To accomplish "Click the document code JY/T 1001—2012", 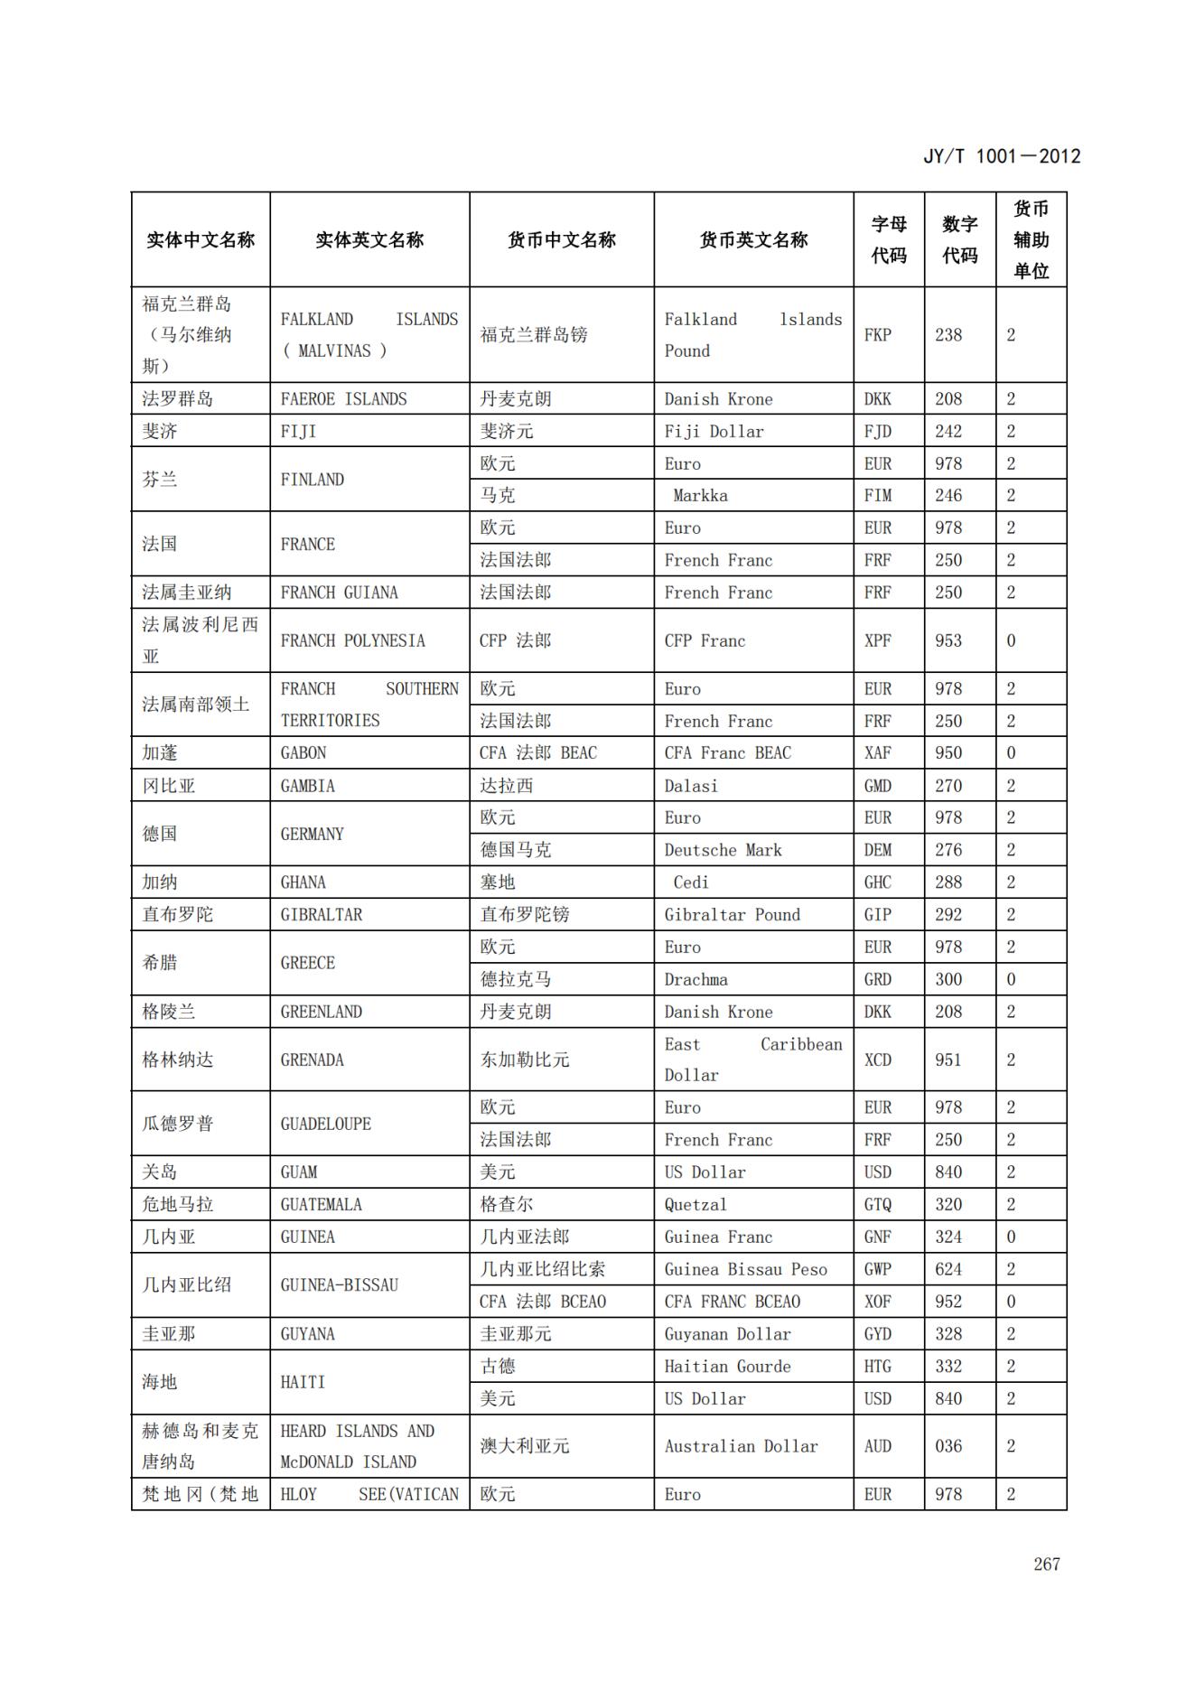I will coord(1001,156).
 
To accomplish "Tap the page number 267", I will coord(1046,1564).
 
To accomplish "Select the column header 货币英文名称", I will coord(753,240).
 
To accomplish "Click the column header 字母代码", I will coord(889,240).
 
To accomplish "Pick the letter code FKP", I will coord(877,335).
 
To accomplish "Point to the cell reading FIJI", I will coord(298,432).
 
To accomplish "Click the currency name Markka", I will coord(700,496).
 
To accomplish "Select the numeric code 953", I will coord(948,640).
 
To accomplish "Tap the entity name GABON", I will coord(303,753).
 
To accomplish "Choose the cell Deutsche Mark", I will coord(723,850).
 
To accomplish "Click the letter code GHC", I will coord(877,882).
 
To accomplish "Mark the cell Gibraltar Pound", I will coord(732,915).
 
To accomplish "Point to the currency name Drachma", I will coord(696,979).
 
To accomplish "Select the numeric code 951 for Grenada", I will coord(948,1060).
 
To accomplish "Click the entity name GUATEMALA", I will coord(321,1205).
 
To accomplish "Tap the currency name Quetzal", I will coord(696,1205).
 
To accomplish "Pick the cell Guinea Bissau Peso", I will coord(745,1269).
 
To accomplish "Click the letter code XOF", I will coord(877,1302).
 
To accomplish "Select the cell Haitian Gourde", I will coord(727,1367).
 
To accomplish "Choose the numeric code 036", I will coord(948,1446).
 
